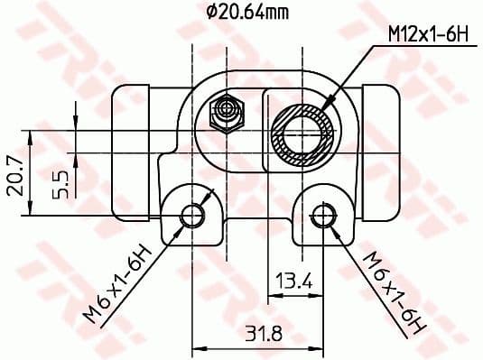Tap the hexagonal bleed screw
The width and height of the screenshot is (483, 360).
coord(227,113)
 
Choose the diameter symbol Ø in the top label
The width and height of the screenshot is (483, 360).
coord(210,13)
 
